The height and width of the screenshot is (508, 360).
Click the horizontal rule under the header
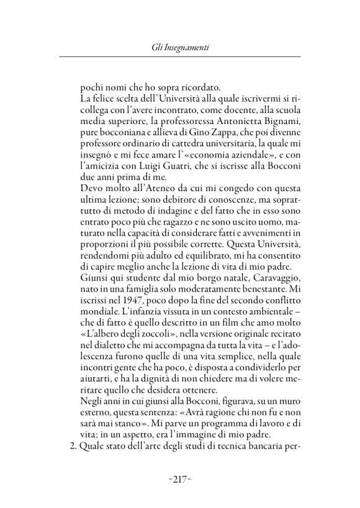point(179,57)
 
